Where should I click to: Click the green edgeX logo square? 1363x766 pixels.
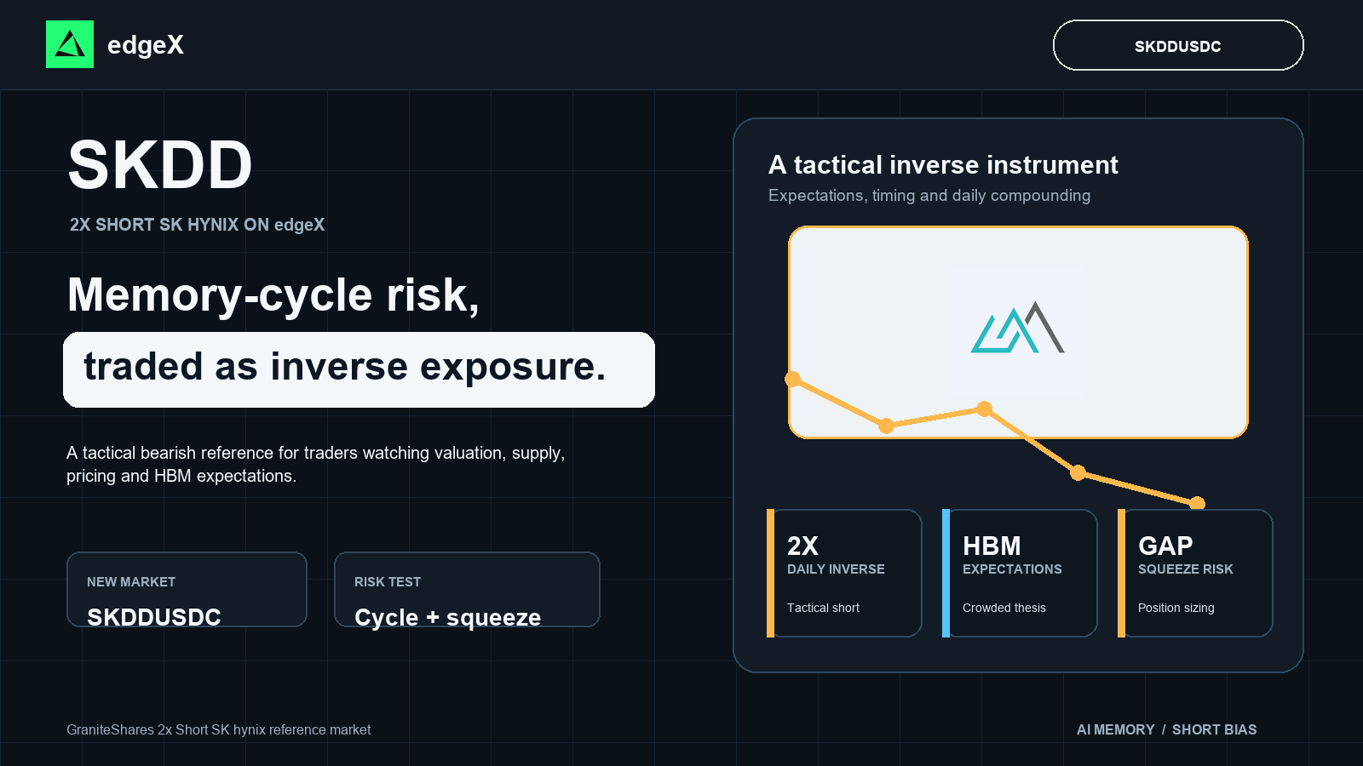click(x=70, y=44)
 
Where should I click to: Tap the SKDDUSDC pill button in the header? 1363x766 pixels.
click(x=1178, y=46)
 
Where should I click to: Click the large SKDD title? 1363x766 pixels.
click(x=160, y=165)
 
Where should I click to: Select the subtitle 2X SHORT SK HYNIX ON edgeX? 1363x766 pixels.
click(x=197, y=225)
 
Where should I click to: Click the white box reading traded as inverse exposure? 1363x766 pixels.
click(x=359, y=369)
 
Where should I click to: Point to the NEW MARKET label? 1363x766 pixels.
click(x=131, y=582)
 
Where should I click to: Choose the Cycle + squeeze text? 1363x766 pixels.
click(x=447, y=617)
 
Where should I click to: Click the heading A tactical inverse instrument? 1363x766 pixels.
click(x=943, y=165)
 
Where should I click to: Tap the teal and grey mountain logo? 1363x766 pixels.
click(x=1017, y=328)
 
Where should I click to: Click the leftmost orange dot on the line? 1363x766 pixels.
click(x=792, y=380)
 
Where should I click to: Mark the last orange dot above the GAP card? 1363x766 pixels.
click(x=1197, y=503)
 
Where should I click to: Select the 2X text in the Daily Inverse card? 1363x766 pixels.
click(x=802, y=546)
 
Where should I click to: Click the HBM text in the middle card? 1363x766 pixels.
click(x=992, y=546)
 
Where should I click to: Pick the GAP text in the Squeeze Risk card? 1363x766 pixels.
click(x=1165, y=546)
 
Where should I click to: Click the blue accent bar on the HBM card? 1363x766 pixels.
click(x=946, y=574)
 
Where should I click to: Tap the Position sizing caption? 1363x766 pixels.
click(x=1176, y=608)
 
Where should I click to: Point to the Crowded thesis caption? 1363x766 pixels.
click(x=1004, y=608)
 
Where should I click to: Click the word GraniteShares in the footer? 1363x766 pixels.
click(x=110, y=729)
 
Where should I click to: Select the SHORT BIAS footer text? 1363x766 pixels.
click(x=1215, y=729)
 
